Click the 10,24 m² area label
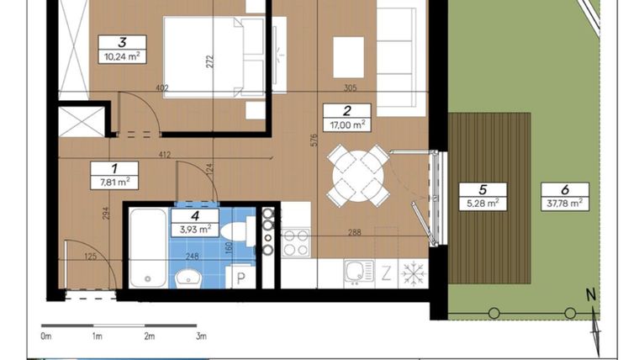121,57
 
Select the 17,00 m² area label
346,124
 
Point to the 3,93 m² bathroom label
195,227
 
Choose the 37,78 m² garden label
562,203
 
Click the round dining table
359,175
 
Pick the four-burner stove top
296,242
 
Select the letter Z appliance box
387,273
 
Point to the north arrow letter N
590,294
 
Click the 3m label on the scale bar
201,336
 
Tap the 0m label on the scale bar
45,336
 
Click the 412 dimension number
165,155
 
